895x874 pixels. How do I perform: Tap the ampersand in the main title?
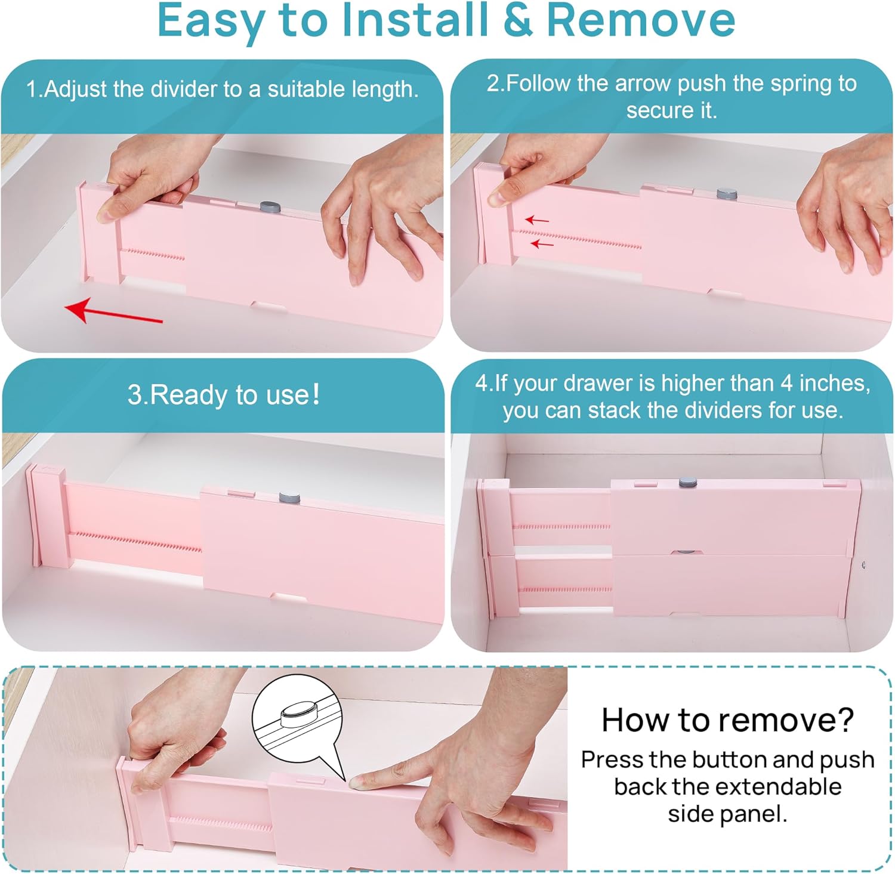(517, 20)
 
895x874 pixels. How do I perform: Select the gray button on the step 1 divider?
(270, 207)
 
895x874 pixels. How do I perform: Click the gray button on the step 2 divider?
(727, 194)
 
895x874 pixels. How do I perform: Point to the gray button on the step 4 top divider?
(688, 481)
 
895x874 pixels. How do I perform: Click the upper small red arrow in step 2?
(537, 220)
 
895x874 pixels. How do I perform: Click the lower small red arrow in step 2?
(542, 243)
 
